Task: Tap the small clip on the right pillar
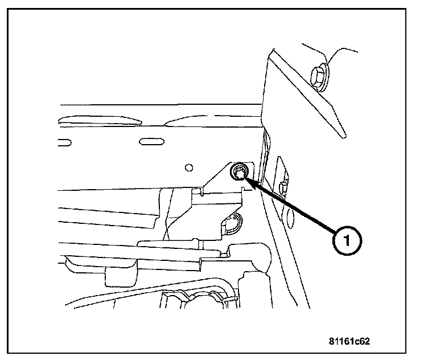point(282,186)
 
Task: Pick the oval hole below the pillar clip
point(290,216)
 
